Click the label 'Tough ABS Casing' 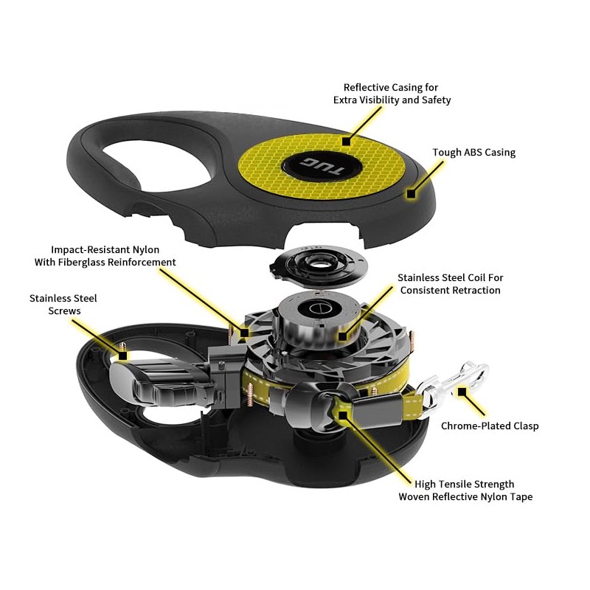coord(473,153)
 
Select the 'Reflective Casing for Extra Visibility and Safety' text coord(392,94)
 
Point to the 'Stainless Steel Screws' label coord(63,305)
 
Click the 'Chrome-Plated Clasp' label coord(490,426)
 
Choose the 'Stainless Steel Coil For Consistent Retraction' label coord(450,284)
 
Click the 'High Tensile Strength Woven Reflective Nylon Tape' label coord(465,490)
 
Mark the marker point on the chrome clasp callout coord(463,391)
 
